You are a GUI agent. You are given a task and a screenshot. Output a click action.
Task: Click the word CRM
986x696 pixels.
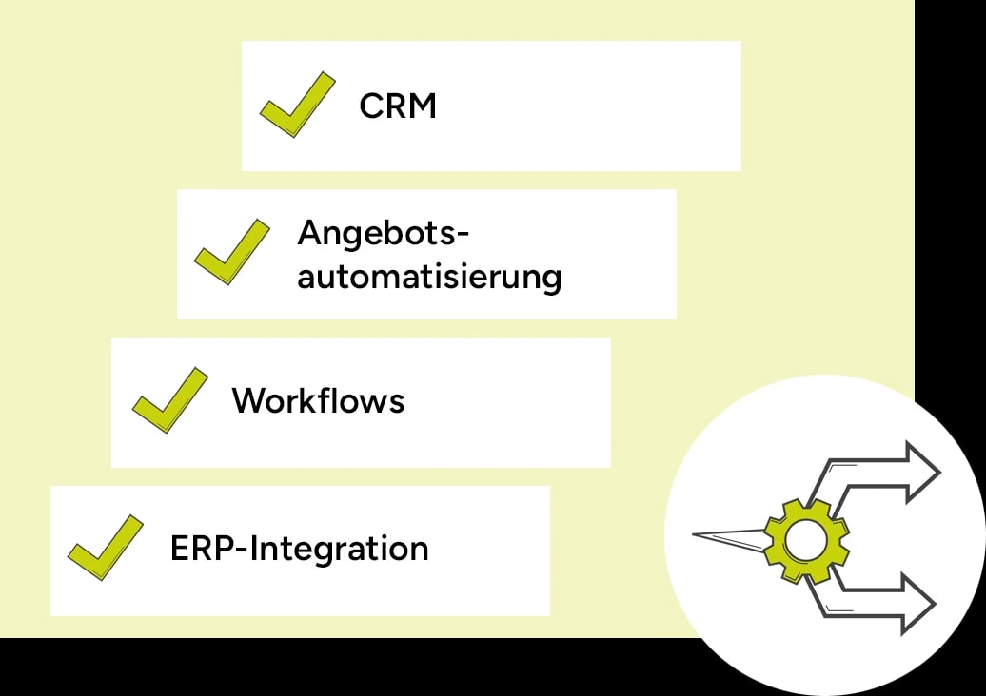[x=398, y=106]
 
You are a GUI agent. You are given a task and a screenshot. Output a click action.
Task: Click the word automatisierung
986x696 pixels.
[x=429, y=278]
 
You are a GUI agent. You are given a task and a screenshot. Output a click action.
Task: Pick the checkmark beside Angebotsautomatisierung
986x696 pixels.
[x=231, y=253]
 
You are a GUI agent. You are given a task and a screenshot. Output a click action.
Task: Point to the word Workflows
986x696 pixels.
[x=318, y=400]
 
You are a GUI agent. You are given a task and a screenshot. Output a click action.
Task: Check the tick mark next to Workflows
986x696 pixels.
[x=168, y=401]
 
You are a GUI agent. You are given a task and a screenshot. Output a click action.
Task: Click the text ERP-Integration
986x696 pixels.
[x=299, y=549]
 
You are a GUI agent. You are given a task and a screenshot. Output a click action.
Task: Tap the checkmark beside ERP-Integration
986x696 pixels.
[x=105, y=549]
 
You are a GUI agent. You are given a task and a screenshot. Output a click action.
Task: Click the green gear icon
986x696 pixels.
[x=806, y=541]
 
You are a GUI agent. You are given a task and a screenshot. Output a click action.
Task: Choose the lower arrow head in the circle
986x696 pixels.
[x=917, y=604]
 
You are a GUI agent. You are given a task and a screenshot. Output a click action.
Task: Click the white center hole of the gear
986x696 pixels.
[x=806, y=541]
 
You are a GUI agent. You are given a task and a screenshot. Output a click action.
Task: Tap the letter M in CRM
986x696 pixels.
[x=422, y=106]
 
